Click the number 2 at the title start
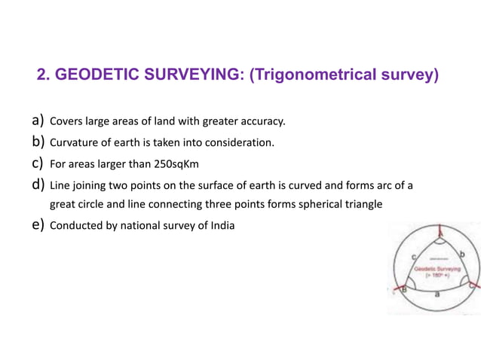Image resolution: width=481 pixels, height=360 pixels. click(41, 75)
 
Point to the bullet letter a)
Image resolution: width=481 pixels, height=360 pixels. click(38, 120)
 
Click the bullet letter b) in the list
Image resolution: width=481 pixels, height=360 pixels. click(38, 141)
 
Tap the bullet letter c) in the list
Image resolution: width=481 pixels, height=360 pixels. click(38, 163)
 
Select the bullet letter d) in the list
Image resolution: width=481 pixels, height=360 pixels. click(38, 185)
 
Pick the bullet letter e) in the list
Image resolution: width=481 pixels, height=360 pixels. click(38, 225)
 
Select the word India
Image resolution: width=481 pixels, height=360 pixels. click(220, 225)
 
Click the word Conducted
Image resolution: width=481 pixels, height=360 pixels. click(74, 225)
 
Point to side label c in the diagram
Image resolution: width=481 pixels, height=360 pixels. click(414, 258)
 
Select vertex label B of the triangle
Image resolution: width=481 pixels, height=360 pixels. click(404, 289)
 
